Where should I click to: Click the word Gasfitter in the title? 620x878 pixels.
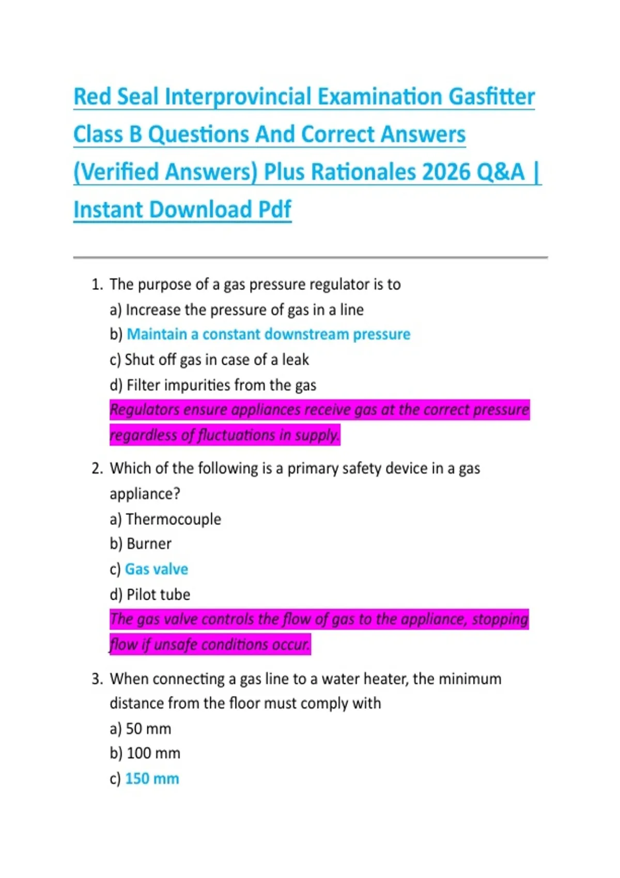pyautogui.click(x=491, y=97)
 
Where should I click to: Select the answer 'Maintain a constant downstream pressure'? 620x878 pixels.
pyautogui.click(x=268, y=335)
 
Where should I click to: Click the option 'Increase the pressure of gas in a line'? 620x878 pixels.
pyautogui.click(x=244, y=310)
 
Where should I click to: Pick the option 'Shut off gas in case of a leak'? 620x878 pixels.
pyautogui.click(x=217, y=360)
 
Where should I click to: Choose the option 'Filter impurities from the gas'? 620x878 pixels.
pyautogui.click(x=221, y=385)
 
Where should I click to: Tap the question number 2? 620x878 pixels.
pyautogui.click(x=97, y=469)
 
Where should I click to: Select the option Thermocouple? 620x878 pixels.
pyautogui.click(x=173, y=519)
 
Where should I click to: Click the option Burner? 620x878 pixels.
pyautogui.click(x=149, y=544)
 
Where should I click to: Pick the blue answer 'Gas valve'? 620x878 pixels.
pyautogui.click(x=157, y=569)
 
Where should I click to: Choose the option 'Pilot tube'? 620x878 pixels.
pyautogui.click(x=158, y=594)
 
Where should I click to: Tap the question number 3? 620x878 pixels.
pyautogui.click(x=97, y=679)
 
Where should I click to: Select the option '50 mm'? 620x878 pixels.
pyautogui.click(x=148, y=729)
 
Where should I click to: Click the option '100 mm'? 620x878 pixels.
pyautogui.click(x=153, y=754)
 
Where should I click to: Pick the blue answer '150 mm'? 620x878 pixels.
pyautogui.click(x=152, y=779)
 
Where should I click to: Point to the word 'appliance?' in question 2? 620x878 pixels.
pyautogui.click(x=145, y=494)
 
